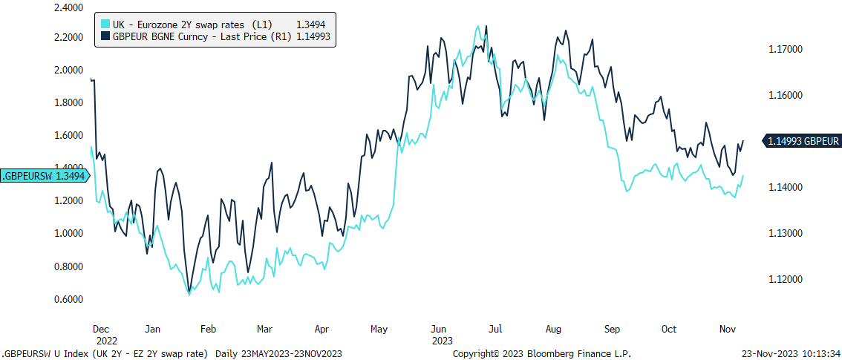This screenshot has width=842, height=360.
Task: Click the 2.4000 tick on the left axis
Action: point(68,8)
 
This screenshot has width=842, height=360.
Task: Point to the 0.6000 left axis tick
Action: point(68,299)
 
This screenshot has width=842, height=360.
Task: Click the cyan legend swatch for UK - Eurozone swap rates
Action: point(105,24)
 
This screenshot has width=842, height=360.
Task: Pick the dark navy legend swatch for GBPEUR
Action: point(105,35)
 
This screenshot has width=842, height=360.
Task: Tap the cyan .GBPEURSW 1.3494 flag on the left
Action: point(45,176)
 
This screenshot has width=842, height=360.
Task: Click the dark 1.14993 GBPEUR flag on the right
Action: point(803,141)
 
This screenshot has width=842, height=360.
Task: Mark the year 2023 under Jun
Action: point(443,341)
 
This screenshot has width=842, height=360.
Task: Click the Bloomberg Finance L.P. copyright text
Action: point(542,354)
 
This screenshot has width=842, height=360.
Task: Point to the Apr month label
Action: point(322,328)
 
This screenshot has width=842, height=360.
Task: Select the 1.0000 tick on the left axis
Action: point(68,234)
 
